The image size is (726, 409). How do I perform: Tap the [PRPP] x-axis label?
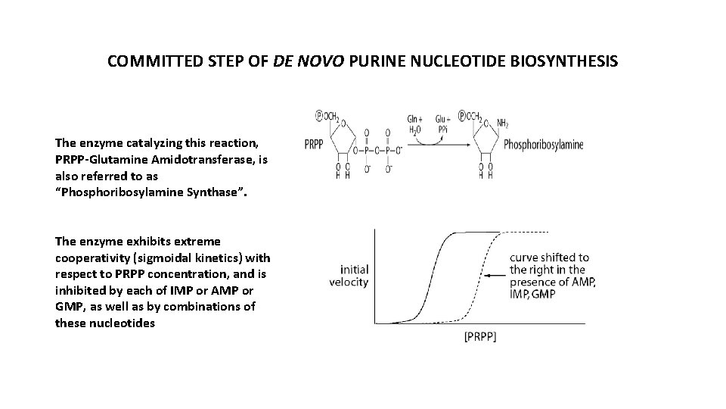click(x=479, y=338)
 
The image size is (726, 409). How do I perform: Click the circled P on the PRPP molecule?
click(x=320, y=115)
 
